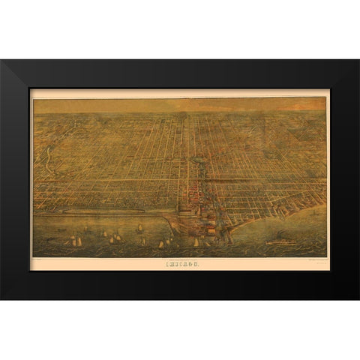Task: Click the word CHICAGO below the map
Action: pyautogui.click(x=180, y=263)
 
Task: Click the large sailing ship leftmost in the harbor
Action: pyautogui.click(x=76, y=240)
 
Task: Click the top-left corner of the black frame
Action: pyautogui.click(x=1, y=61)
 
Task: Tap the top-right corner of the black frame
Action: pyautogui.click(x=358, y=61)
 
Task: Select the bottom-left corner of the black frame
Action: pyautogui.click(x=1, y=298)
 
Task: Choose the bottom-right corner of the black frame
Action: pyautogui.click(x=358, y=298)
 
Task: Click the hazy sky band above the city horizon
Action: pyautogui.click(x=180, y=106)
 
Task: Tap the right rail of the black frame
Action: pyautogui.click(x=344, y=180)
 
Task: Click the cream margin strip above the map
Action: pyautogui.click(x=180, y=94)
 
